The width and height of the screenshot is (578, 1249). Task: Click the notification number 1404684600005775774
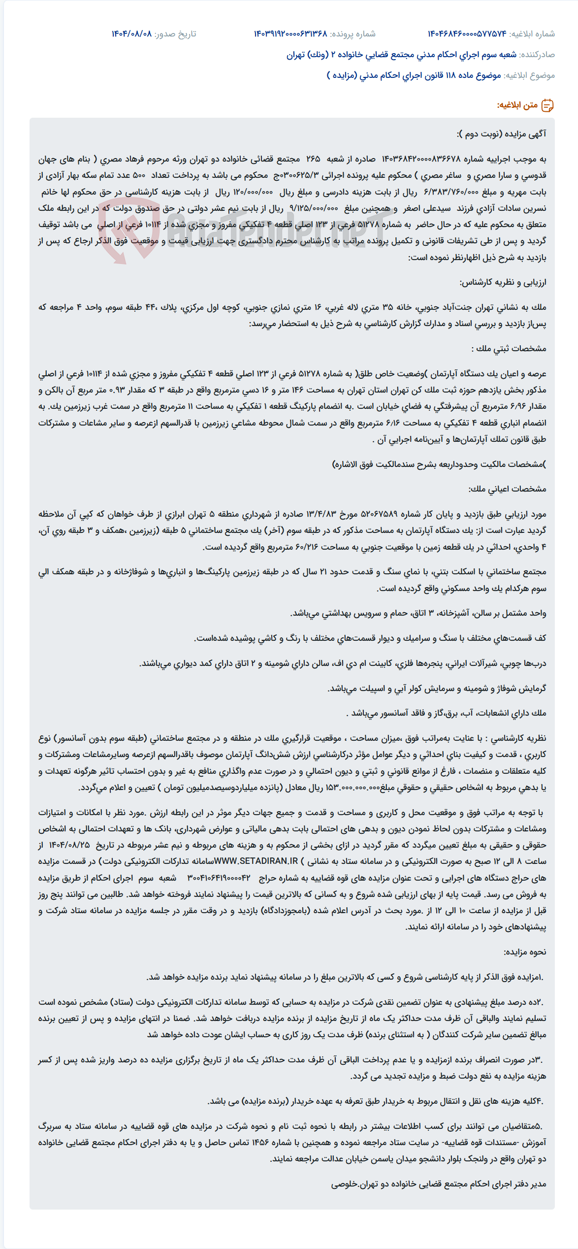pos(467,34)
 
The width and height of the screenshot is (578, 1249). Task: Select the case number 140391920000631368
pos(290,34)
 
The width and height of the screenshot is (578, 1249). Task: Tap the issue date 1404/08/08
pos(131,34)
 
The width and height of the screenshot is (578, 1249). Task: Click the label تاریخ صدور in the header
pos(175,34)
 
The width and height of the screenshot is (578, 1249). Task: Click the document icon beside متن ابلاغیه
pos(547,105)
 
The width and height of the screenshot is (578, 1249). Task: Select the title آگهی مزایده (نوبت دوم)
pos(501,134)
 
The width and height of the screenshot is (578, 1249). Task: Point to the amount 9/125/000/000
pos(314,208)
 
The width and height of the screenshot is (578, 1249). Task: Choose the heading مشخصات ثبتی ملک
pos(509,349)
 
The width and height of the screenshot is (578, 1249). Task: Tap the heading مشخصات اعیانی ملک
pos(507,489)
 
